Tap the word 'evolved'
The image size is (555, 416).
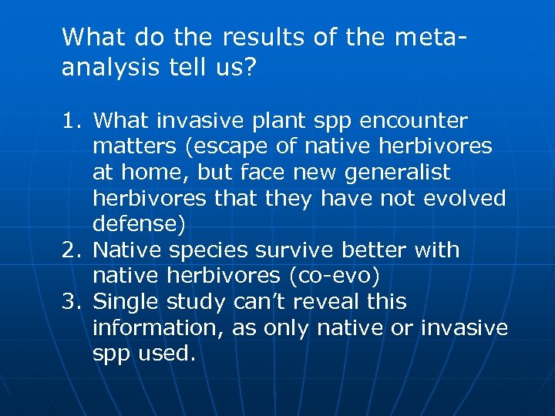(466, 199)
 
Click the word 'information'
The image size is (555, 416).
(153, 327)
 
